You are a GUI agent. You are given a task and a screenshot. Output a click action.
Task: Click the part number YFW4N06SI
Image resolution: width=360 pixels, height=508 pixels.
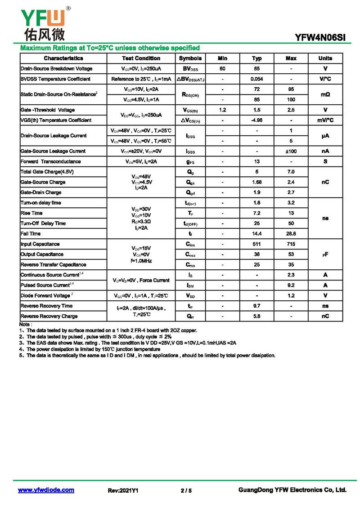(320, 38)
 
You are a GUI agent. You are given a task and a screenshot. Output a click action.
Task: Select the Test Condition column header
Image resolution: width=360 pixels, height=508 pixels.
(141, 58)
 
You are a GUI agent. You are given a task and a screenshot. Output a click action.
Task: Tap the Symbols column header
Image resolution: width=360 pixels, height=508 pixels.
(190, 58)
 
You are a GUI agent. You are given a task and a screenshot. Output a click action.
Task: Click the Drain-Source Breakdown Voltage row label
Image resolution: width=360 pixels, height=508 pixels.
(57, 69)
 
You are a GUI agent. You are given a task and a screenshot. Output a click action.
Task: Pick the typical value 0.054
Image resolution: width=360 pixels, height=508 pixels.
(257, 79)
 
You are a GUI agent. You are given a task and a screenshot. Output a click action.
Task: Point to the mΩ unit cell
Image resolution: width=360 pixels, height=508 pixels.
(325, 94)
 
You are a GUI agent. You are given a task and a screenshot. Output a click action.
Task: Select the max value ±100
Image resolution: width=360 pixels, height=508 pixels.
(291, 152)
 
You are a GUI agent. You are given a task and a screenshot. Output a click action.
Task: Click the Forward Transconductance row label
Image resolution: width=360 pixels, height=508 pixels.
(51, 162)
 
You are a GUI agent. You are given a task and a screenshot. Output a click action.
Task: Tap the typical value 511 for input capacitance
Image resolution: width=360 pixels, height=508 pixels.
(257, 244)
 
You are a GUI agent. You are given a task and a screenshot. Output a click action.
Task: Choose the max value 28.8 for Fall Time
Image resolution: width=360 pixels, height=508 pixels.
(291, 234)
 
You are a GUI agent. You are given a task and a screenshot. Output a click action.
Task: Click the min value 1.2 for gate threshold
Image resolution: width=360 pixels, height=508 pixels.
(222, 110)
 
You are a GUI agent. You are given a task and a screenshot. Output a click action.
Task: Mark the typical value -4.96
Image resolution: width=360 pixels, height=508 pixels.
(257, 120)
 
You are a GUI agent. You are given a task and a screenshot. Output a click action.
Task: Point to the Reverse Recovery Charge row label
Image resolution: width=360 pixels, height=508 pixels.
(49, 316)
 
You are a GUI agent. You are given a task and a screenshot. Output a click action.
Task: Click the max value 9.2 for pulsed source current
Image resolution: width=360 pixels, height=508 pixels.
(291, 285)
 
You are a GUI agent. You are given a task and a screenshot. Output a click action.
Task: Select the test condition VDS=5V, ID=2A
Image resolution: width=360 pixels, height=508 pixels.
(141, 162)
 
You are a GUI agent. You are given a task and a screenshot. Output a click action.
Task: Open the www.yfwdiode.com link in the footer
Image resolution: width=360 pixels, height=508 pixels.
(46, 490)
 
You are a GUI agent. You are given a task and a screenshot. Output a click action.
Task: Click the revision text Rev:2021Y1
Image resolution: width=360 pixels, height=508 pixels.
(123, 490)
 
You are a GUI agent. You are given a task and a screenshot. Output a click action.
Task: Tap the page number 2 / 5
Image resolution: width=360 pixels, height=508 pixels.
(186, 490)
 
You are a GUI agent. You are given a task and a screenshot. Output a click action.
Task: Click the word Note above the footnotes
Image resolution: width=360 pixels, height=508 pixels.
(25, 324)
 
